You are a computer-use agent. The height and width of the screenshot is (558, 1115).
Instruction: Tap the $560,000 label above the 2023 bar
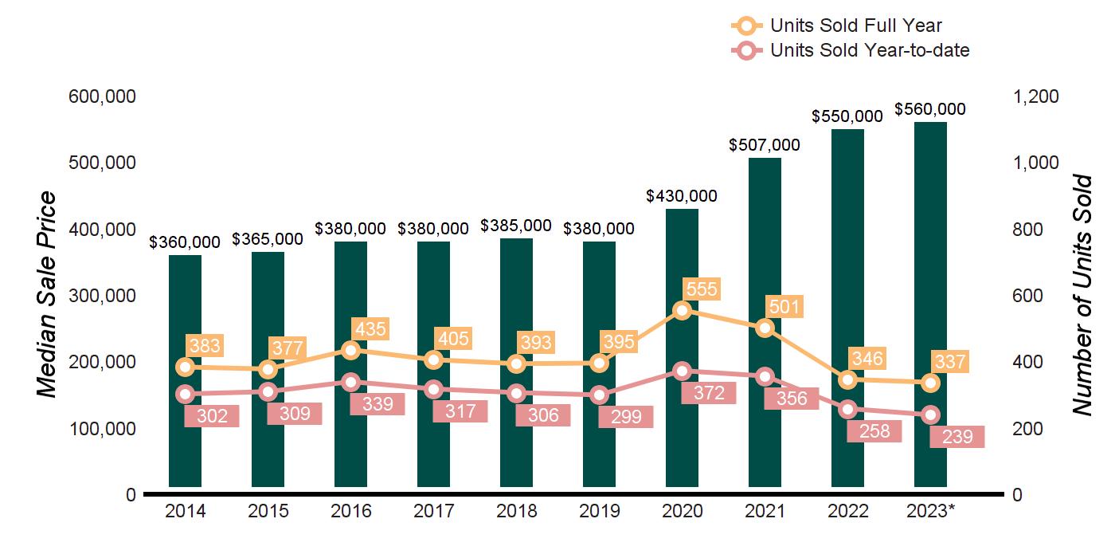pyautogui.click(x=930, y=109)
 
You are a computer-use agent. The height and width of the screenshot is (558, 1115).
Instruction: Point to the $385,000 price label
pyautogui.click(x=516, y=226)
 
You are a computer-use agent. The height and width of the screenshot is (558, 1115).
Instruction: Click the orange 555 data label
pyautogui.click(x=701, y=289)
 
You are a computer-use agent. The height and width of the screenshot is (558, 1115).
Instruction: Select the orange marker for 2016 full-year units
pyautogui.click(x=351, y=350)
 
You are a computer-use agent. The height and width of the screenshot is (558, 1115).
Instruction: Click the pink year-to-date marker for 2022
pyautogui.click(x=847, y=410)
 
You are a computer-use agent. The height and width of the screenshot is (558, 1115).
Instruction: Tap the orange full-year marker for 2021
pyautogui.click(x=765, y=328)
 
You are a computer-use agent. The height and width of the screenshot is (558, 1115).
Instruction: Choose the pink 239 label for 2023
pyautogui.click(x=957, y=437)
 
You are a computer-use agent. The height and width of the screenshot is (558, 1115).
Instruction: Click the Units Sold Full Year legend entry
pyautogui.click(x=855, y=26)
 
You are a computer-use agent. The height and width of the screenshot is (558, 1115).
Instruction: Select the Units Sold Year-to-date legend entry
pyautogui.click(x=869, y=50)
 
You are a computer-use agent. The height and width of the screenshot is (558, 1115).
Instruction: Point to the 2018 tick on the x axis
pyautogui.click(x=516, y=511)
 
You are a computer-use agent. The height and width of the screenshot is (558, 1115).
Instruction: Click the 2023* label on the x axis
pyautogui.click(x=932, y=511)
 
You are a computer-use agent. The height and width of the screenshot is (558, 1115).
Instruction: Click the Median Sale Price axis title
pyautogui.click(x=49, y=295)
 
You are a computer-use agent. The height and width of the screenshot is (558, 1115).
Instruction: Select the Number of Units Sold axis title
pyautogui.click(x=1082, y=295)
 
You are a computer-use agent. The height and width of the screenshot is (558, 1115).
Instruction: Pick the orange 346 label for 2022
pyautogui.click(x=867, y=358)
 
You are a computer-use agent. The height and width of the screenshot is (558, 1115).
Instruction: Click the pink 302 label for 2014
pyautogui.click(x=212, y=415)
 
